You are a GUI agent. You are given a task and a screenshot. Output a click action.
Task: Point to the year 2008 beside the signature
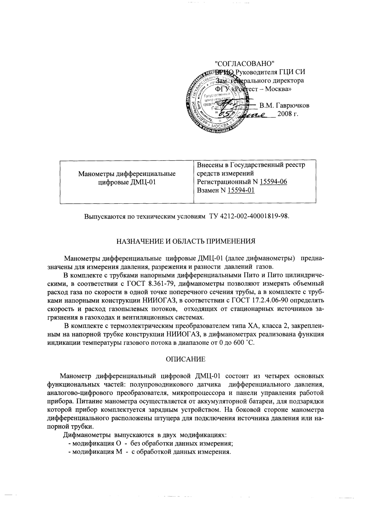[285, 114]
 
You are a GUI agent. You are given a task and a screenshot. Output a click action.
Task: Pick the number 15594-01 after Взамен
[241, 190]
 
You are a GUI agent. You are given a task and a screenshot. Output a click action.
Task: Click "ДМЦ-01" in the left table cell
[142, 182]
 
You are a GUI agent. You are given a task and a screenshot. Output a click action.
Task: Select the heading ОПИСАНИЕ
[185, 359]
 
